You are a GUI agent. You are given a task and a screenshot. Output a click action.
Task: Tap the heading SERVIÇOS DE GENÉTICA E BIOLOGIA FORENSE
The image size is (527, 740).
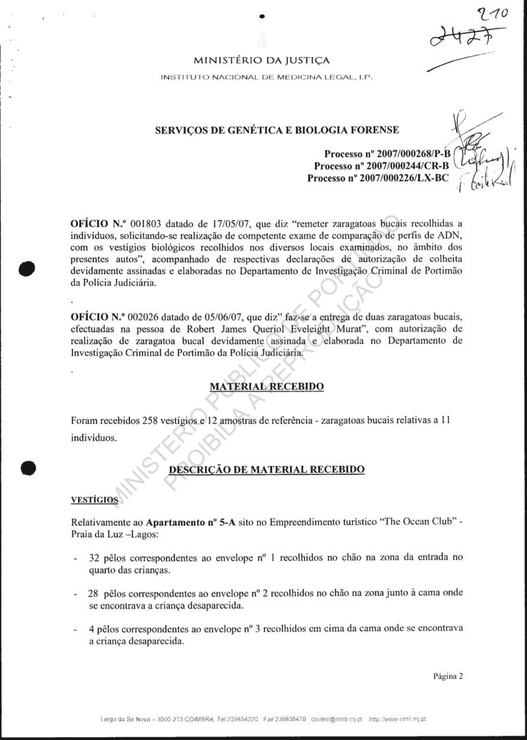(x=278, y=130)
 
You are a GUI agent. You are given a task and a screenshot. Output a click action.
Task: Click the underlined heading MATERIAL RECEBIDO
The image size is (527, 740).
(x=267, y=387)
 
